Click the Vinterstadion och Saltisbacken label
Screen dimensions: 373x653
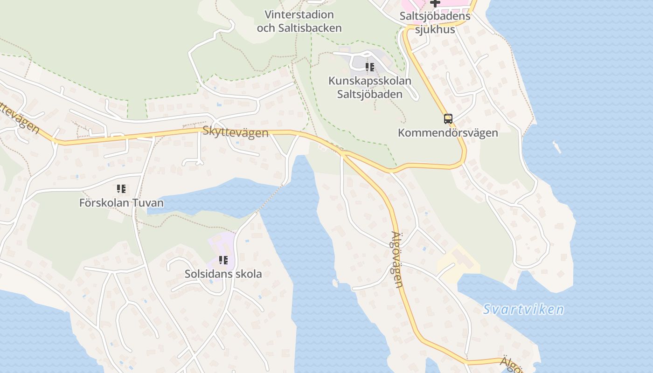(x=299, y=21)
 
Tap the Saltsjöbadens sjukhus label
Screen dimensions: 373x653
(x=435, y=23)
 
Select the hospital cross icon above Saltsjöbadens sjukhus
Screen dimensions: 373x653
(x=435, y=3)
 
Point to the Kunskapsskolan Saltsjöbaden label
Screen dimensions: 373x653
(x=370, y=87)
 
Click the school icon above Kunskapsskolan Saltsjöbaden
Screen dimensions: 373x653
(x=370, y=67)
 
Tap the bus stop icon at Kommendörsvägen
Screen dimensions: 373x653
(x=448, y=118)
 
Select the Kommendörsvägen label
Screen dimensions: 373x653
(x=448, y=133)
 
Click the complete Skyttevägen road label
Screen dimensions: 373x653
(x=236, y=132)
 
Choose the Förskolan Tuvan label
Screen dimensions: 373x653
(x=121, y=203)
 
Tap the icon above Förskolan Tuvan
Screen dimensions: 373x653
(x=121, y=189)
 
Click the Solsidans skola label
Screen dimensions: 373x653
(x=223, y=274)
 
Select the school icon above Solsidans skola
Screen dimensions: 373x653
(x=223, y=260)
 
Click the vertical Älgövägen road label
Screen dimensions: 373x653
(x=397, y=260)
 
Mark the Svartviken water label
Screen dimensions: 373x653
(x=523, y=310)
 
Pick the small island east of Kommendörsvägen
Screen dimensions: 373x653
(x=556, y=147)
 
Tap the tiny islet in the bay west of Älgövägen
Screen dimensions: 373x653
(x=334, y=283)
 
